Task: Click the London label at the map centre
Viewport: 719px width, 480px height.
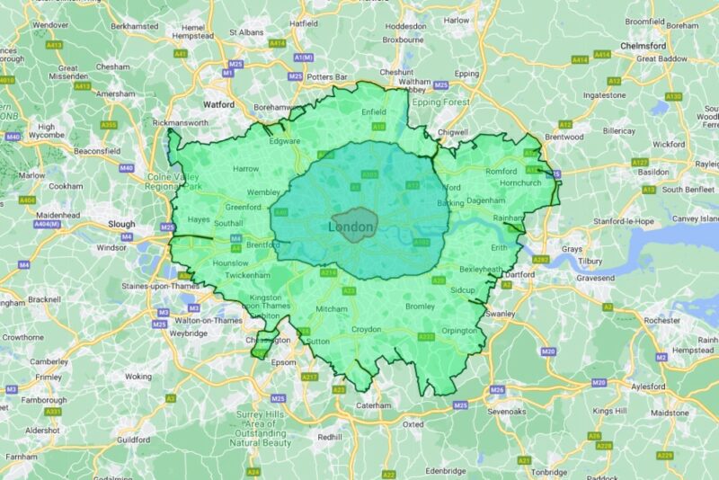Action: pyautogui.click(x=351, y=227)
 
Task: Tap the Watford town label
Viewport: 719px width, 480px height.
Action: pyautogui.click(x=219, y=104)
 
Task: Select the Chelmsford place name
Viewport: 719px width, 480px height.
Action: pyautogui.click(x=643, y=46)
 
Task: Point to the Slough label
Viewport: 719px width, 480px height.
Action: pyautogui.click(x=121, y=225)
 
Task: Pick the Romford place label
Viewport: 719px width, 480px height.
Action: pyautogui.click(x=501, y=171)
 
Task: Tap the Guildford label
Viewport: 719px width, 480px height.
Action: pyautogui.click(x=133, y=440)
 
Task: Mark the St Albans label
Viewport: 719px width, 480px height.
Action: pyautogui.click(x=245, y=32)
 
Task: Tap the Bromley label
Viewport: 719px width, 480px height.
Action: pyautogui.click(x=420, y=307)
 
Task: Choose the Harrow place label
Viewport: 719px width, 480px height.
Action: pyautogui.click(x=245, y=168)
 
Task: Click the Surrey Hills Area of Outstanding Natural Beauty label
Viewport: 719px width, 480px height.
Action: pyautogui.click(x=262, y=428)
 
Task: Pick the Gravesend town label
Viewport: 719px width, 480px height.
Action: pyautogui.click(x=595, y=279)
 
